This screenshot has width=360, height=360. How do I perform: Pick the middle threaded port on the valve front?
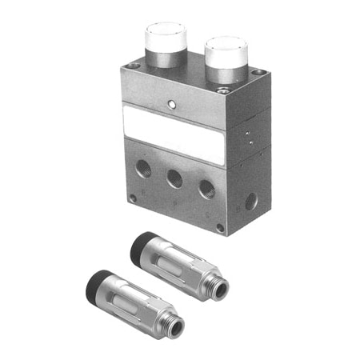174,179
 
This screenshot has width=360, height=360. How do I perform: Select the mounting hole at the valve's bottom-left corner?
133,197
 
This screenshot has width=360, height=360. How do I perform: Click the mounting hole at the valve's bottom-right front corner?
220,228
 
